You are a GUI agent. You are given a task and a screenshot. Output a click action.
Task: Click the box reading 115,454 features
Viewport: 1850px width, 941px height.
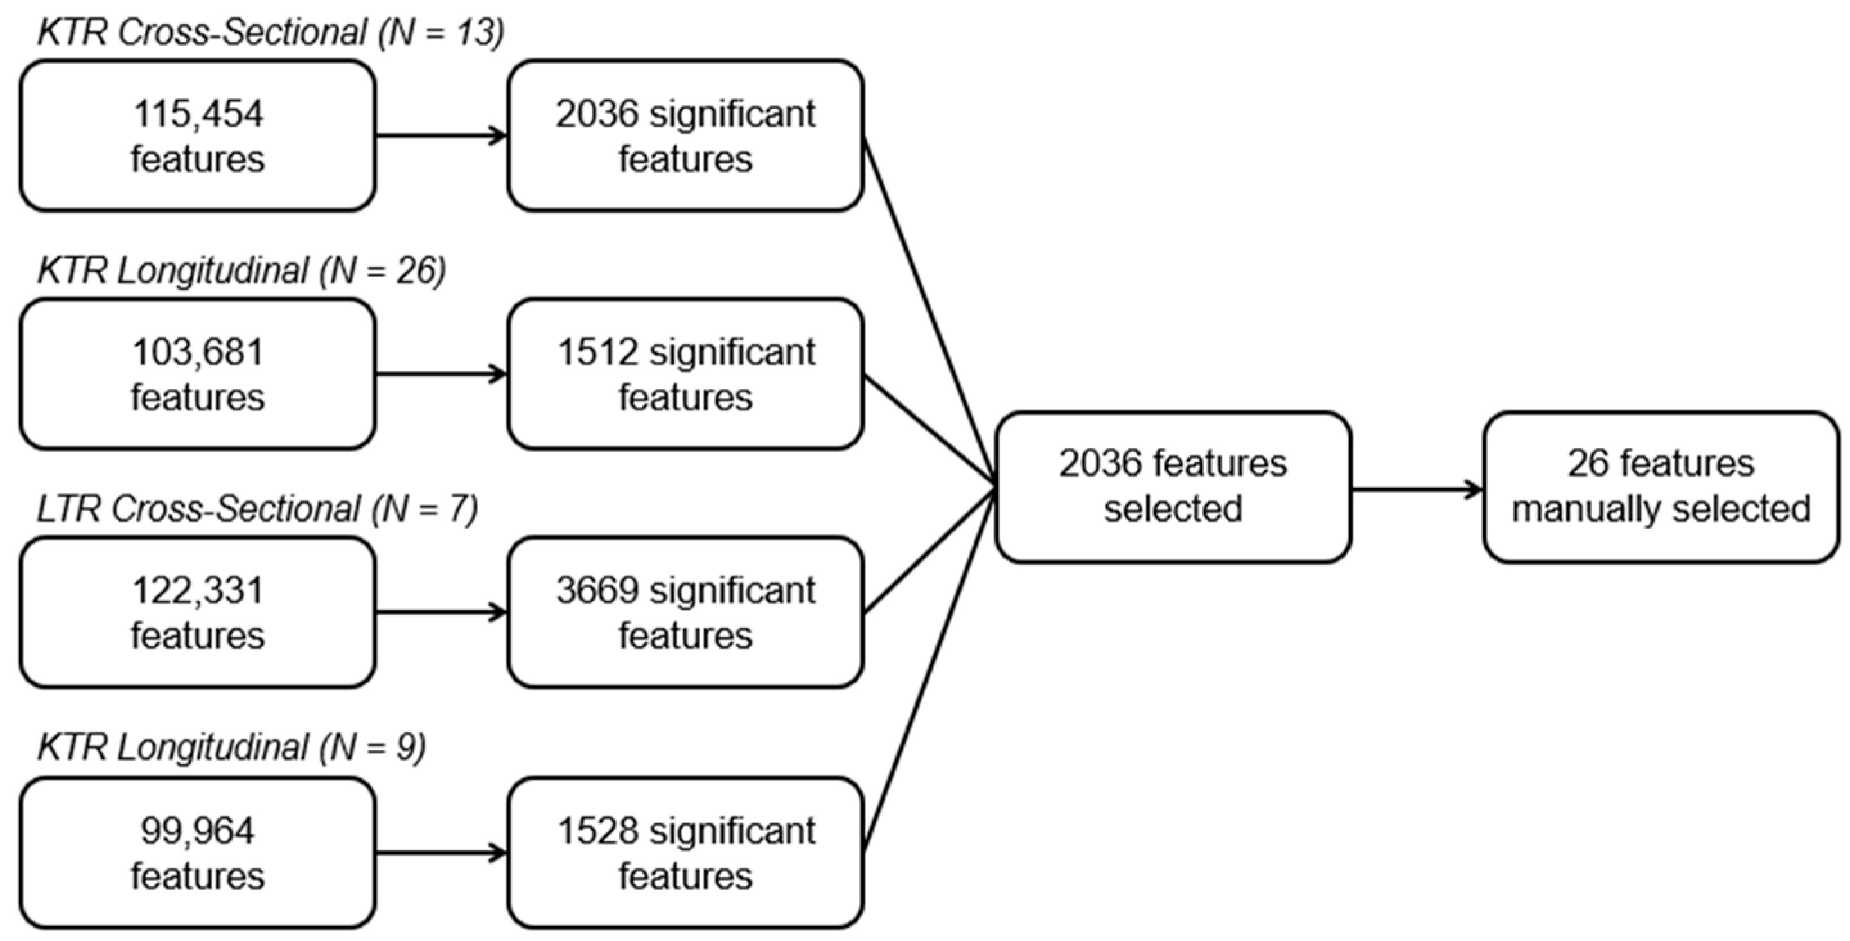click(197, 136)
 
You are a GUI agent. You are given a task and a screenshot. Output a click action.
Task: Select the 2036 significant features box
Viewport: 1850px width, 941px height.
click(685, 136)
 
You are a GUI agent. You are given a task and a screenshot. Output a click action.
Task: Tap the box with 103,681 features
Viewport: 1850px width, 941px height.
click(197, 374)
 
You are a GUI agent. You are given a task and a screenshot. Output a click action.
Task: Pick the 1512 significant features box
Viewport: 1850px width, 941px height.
click(685, 374)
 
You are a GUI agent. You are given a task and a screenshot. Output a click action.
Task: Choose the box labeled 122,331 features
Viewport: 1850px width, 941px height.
click(197, 613)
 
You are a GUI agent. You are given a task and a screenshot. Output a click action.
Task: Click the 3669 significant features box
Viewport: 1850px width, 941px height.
click(685, 613)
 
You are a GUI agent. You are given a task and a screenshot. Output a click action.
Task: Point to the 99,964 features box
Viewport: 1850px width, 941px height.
click(197, 852)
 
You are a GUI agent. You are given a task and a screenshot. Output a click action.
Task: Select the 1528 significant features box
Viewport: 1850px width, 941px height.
click(685, 852)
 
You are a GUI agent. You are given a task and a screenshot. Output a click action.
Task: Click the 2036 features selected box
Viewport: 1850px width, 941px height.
click(1173, 486)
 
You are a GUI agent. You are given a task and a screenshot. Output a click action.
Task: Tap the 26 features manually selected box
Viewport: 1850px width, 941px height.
click(1661, 486)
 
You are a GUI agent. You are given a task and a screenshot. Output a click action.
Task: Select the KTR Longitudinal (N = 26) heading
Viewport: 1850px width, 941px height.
click(242, 272)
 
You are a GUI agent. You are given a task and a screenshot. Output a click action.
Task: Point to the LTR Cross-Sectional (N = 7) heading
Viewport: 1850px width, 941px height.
click(257, 510)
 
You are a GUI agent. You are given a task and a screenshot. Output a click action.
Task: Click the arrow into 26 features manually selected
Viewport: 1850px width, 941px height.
click(1416, 491)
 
